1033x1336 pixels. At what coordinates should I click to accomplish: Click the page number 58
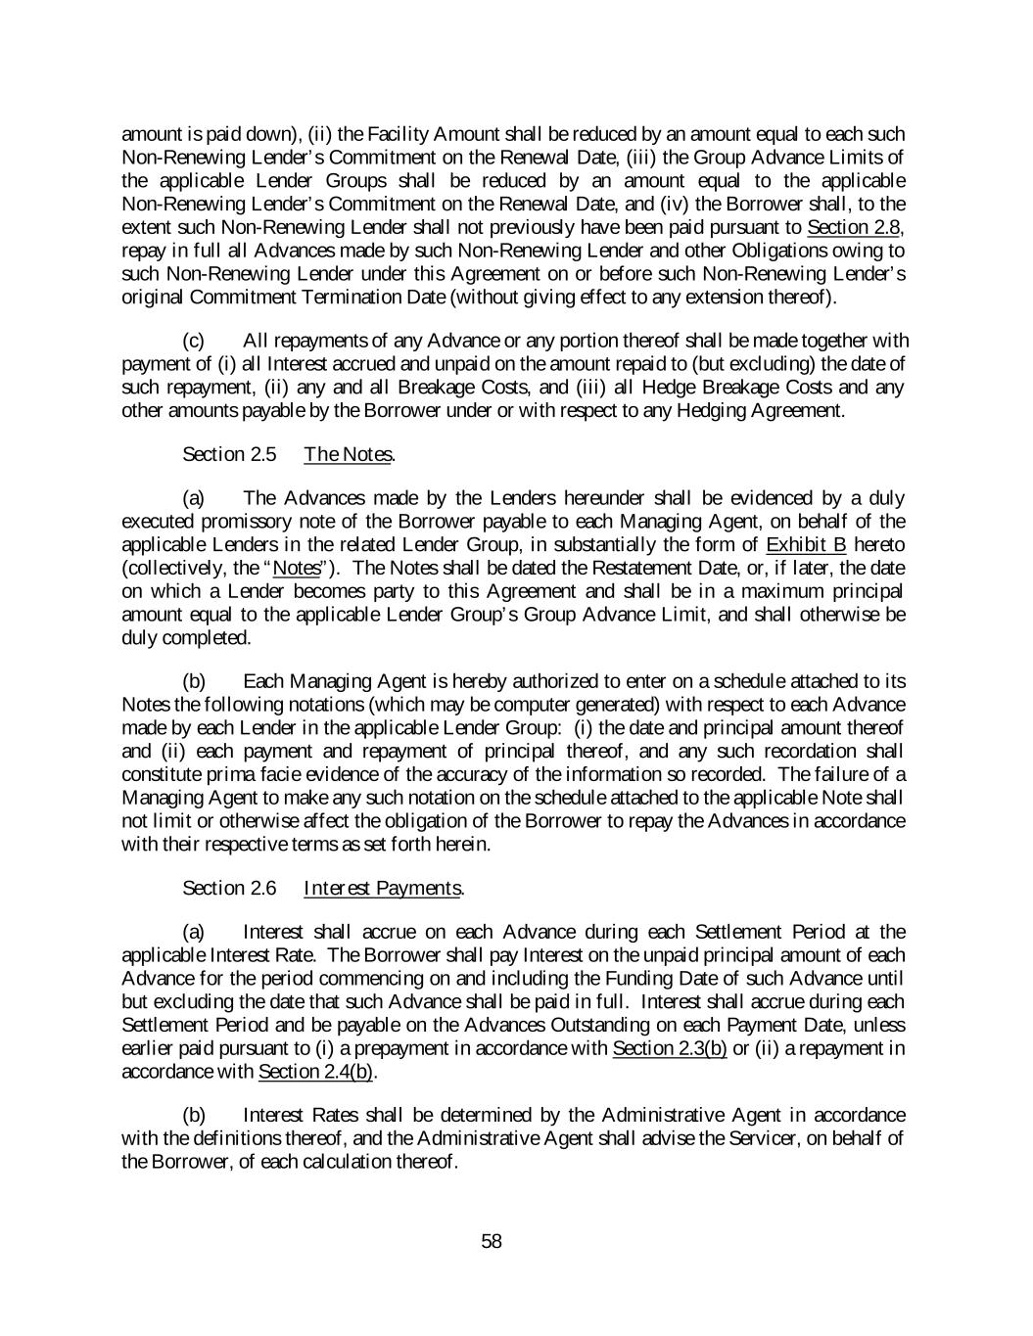(x=492, y=1242)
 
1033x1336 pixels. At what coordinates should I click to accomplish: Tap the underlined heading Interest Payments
(x=383, y=888)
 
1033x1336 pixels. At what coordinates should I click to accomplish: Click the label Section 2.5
(x=229, y=454)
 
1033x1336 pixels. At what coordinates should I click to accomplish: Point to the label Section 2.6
(x=229, y=888)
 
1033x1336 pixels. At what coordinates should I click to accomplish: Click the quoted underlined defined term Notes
(x=295, y=569)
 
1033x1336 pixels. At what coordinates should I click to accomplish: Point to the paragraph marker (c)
(x=194, y=341)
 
